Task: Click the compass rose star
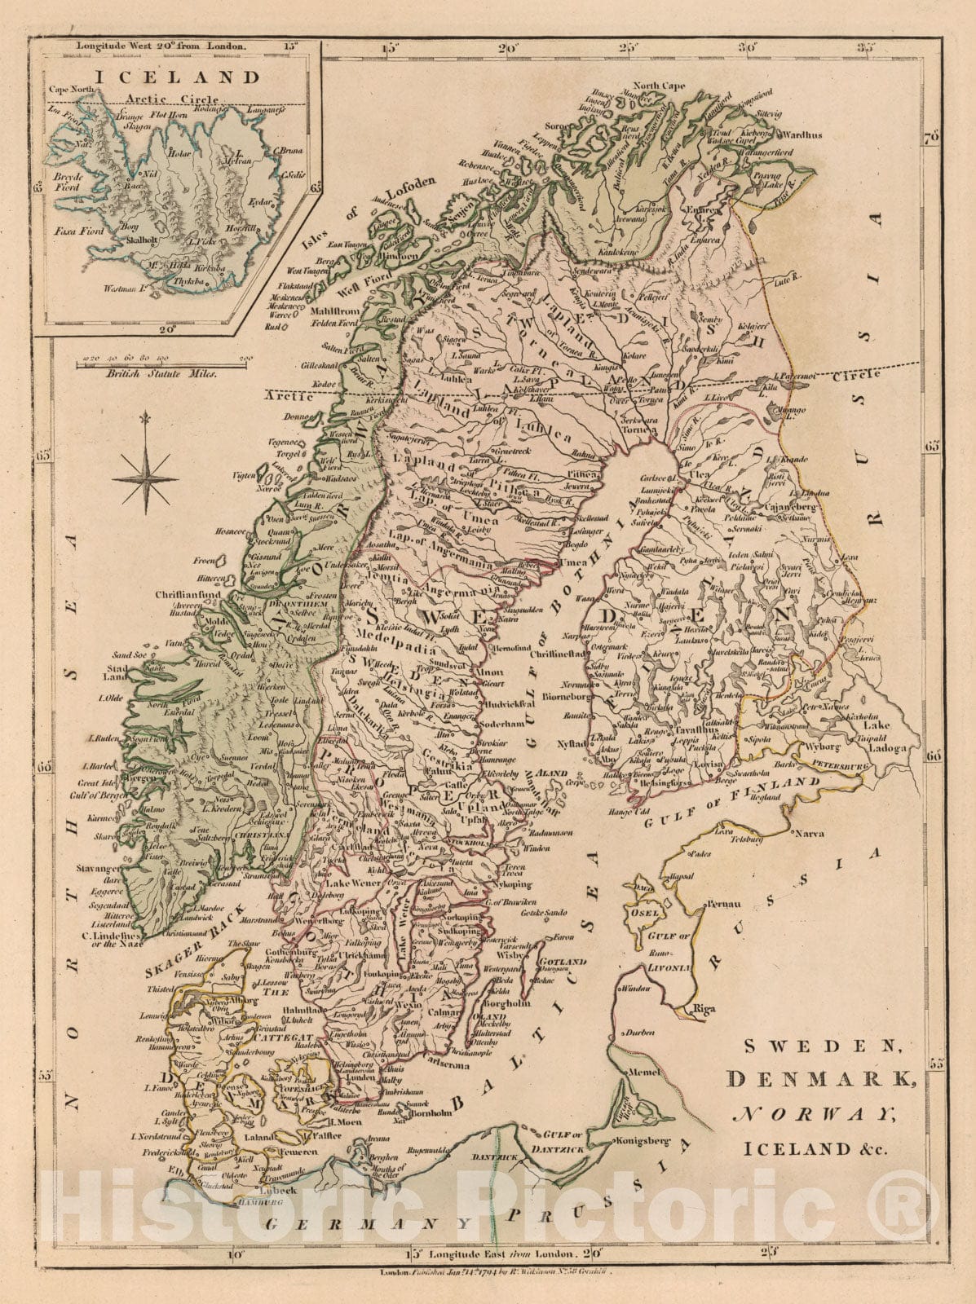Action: (x=146, y=474)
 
